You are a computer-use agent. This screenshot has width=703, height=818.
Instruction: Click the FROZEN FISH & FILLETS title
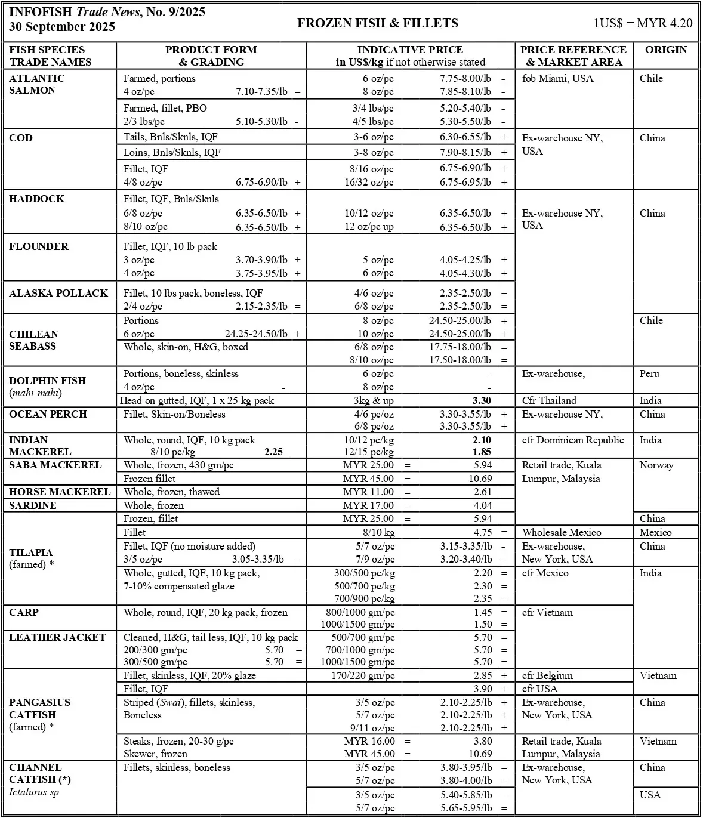click(x=378, y=23)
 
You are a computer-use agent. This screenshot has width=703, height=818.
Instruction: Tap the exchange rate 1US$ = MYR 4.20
click(x=643, y=23)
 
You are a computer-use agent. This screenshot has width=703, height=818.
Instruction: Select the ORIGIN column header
click(x=665, y=50)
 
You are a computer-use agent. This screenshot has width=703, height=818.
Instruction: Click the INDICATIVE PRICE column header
click(x=410, y=55)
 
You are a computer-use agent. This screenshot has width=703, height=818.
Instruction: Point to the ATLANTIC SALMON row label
click(x=37, y=84)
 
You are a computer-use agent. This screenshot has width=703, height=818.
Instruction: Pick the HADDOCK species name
click(x=37, y=199)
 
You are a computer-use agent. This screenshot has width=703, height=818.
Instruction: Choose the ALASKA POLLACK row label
click(x=58, y=293)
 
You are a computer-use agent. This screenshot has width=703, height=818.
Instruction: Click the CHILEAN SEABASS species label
click(x=34, y=340)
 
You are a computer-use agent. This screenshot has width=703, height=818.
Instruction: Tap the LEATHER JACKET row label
click(x=57, y=637)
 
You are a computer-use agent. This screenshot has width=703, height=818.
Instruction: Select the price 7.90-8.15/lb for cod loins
click(x=465, y=152)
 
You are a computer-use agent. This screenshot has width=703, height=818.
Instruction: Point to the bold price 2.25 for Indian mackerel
click(x=273, y=452)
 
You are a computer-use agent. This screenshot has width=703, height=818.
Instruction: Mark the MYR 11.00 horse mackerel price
click(x=368, y=492)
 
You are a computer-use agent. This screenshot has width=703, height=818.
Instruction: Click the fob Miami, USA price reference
click(x=557, y=78)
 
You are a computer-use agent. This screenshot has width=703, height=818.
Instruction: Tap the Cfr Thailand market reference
click(x=549, y=400)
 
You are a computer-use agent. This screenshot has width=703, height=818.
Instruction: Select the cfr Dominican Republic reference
click(x=573, y=440)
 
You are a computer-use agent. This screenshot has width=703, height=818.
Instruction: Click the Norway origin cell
click(x=656, y=465)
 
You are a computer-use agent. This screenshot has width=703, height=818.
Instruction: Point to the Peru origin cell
click(x=649, y=373)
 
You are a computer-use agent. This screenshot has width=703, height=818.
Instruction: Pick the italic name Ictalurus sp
click(x=34, y=792)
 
